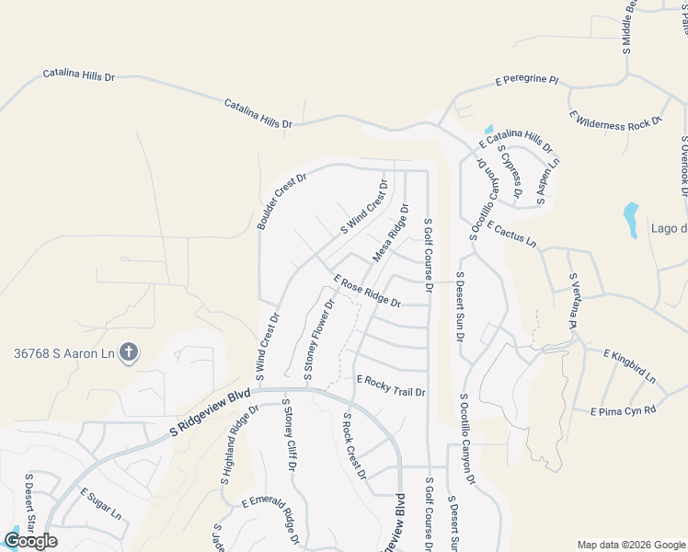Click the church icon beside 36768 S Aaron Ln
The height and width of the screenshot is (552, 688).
point(128,351)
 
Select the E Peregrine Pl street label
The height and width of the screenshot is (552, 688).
point(527,81)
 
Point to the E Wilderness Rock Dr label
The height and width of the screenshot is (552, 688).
point(616,121)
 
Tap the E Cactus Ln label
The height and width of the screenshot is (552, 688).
point(511,234)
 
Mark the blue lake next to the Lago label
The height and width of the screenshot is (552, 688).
point(630,219)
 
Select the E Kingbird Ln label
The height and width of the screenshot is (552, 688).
point(629,365)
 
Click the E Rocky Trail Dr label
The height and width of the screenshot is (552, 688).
point(391,385)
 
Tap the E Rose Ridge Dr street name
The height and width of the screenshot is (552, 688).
point(367,291)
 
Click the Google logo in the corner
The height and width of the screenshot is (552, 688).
point(30,540)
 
